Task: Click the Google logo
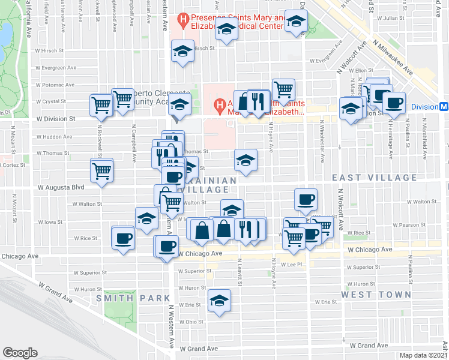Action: (20, 353)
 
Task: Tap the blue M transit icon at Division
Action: (443, 107)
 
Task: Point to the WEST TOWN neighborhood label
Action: (376, 295)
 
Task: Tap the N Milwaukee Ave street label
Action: (393, 60)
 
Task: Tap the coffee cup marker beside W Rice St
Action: (124, 238)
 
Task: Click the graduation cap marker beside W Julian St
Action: (295, 22)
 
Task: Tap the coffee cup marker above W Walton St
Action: (306, 200)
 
